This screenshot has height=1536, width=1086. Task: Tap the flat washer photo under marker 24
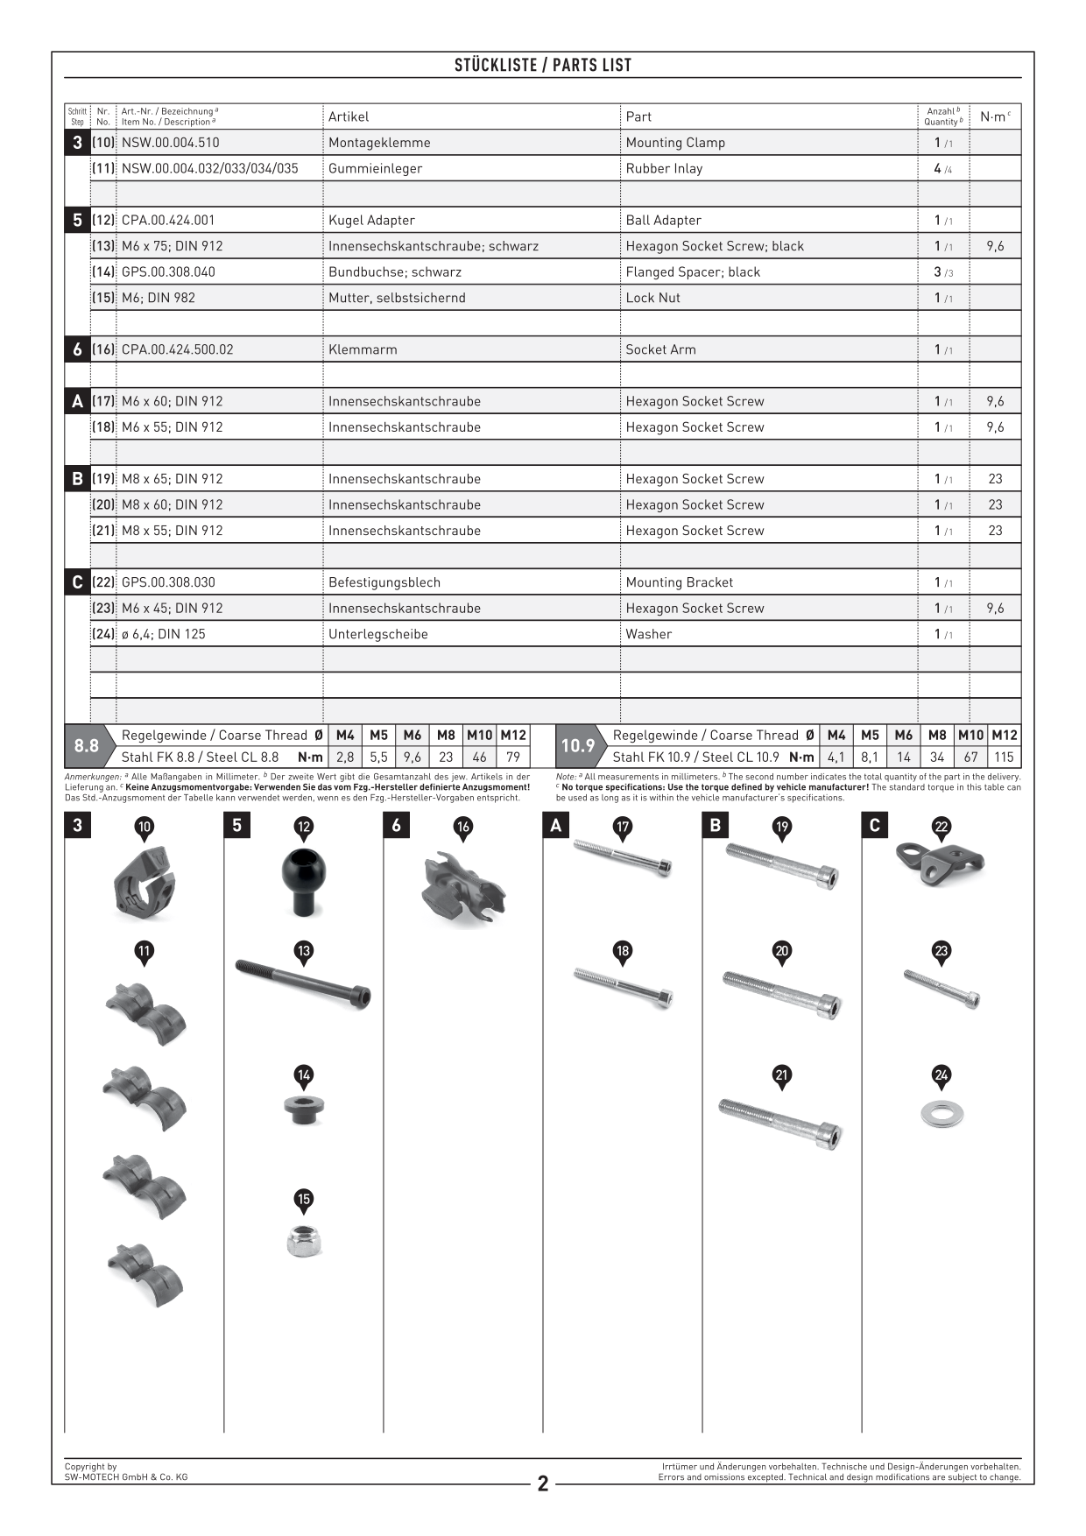(x=941, y=1115)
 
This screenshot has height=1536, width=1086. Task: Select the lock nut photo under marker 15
(x=304, y=1241)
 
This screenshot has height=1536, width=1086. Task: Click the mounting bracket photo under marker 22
(x=940, y=863)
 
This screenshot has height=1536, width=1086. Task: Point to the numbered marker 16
(x=463, y=828)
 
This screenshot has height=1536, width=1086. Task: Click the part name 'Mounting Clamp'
(x=675, y=143)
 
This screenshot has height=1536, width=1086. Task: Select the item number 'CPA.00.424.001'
(x=168, y=221)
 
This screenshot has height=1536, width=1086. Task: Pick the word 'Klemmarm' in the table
(x=363, y=349)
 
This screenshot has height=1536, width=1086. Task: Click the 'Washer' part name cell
(x=649, y=634)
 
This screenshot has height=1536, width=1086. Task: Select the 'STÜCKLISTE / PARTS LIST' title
(x=543, y=65)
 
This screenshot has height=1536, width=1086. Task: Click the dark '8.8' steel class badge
(x=86, y=746)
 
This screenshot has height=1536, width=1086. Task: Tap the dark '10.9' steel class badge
(x=577, y=746)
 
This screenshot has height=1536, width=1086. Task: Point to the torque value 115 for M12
(x=1004, y=757)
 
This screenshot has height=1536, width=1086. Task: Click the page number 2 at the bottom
(x=543, y=1483)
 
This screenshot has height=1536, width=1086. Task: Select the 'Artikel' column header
(x=349, y=116)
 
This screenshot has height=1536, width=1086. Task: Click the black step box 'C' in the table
(x=77, y=582)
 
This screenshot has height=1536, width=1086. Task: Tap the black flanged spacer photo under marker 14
(x=304, y=1110)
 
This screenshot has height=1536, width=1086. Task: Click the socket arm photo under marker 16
(x=462, y=889)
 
